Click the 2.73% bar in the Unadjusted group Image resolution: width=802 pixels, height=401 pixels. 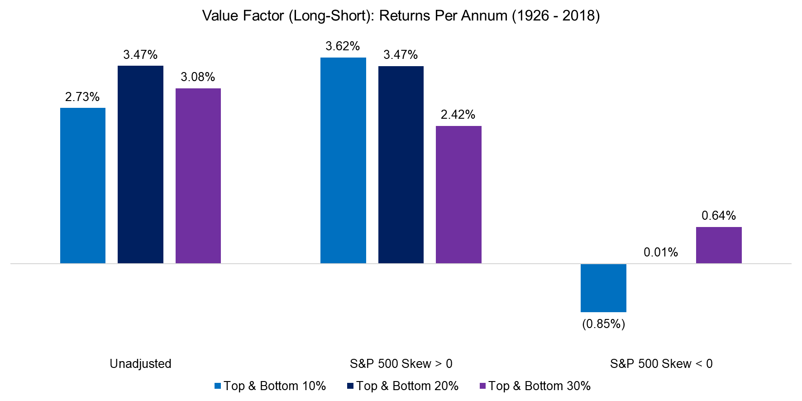83,185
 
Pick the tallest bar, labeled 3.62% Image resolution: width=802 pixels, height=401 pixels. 343,160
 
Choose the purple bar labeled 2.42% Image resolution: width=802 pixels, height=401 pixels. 458,194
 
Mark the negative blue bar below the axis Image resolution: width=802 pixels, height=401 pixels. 603,288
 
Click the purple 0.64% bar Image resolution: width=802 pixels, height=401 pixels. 719,245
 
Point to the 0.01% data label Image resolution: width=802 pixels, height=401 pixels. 661,252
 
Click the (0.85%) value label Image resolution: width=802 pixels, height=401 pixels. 603,324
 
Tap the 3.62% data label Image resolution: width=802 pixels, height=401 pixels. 343,46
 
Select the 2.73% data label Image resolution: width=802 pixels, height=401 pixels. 82,97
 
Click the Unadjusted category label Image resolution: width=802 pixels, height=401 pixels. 140,364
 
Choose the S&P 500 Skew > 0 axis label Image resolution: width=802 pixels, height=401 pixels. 401,364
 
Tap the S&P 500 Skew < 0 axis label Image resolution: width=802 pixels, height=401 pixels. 661,364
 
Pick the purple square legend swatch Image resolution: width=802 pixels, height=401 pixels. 482,386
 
